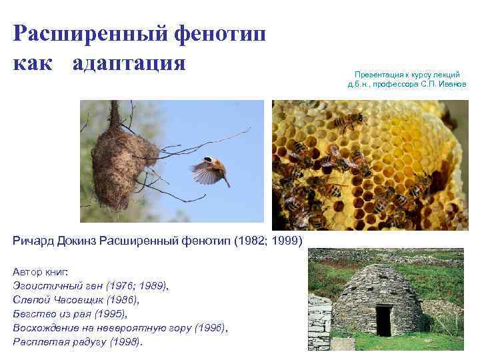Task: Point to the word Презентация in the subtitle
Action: [377, 75]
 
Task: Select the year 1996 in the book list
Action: [210, 327]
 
